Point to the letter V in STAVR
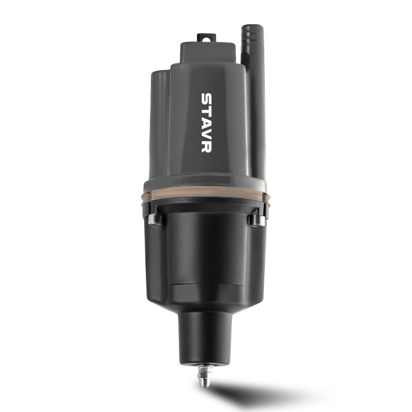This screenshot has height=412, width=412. [x=207, y=134]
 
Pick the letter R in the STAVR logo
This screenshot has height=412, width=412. [x=207, y=147]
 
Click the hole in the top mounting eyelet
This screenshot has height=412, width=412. [x=207, y=40]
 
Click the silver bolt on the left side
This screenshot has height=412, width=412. [x=154, y=219]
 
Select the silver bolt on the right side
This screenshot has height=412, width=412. [x=257, y=220]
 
